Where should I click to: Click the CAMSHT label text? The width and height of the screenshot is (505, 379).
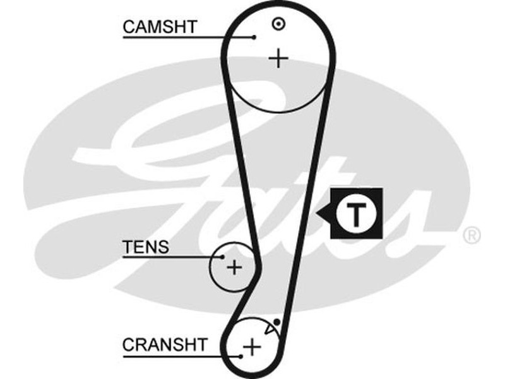(160, 27)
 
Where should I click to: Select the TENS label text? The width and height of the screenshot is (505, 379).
(146, 246)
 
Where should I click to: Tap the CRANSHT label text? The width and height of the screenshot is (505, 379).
(164, 345)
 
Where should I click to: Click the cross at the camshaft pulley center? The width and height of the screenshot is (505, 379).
(278, 59)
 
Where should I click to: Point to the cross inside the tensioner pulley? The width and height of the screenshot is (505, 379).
(234, 267)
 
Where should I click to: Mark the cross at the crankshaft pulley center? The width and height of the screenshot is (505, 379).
(252, 346)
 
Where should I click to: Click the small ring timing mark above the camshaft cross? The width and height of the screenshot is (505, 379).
(277, 24)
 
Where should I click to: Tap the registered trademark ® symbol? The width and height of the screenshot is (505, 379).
(472, 236)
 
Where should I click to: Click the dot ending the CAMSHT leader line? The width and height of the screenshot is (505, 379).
(254, 37)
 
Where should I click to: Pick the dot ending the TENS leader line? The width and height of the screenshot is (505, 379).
(223, 256)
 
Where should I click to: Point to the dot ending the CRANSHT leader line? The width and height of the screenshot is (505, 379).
(241, 356)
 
